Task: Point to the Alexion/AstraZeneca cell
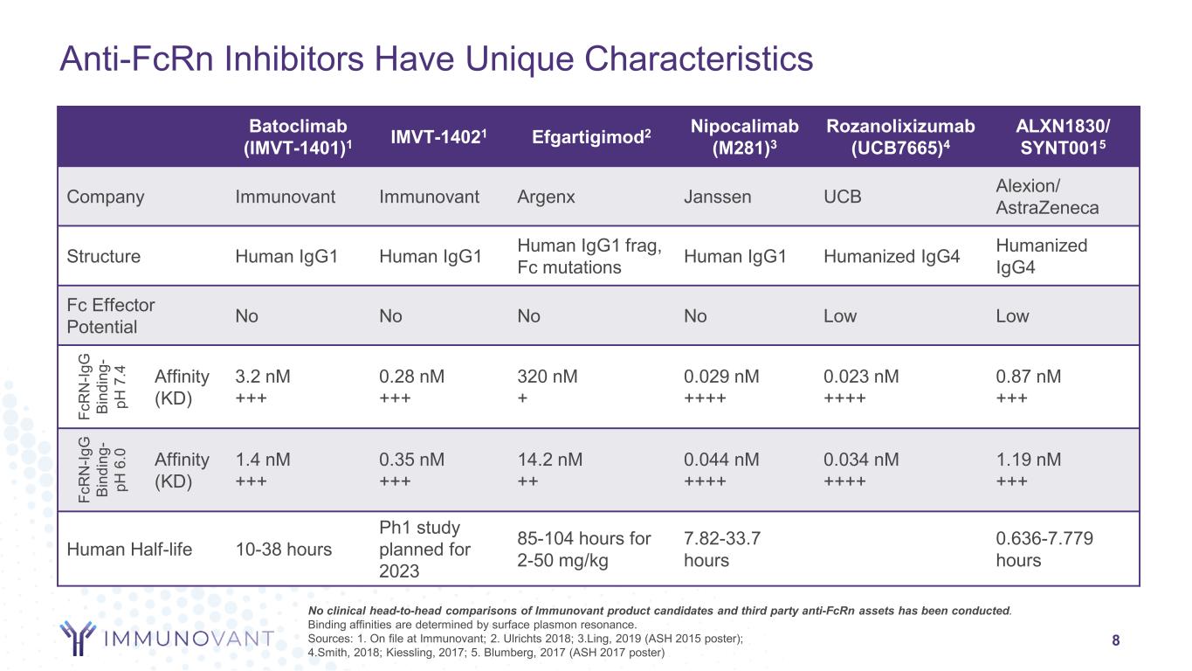[x=1047, y=197]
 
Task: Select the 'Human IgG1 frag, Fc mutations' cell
[x=589, y=256]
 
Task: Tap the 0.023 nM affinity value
[x=861, y=377]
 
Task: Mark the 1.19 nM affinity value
[x=1029, y=460]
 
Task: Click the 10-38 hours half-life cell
[x=284, y=550]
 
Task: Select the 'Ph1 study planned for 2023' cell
[x=425, y=550]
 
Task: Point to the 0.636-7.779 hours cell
[x=1044, y=550]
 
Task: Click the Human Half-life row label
[x=129, y=550]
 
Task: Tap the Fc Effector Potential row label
[x=111, y=315]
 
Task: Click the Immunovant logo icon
[x=79, y=638]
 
